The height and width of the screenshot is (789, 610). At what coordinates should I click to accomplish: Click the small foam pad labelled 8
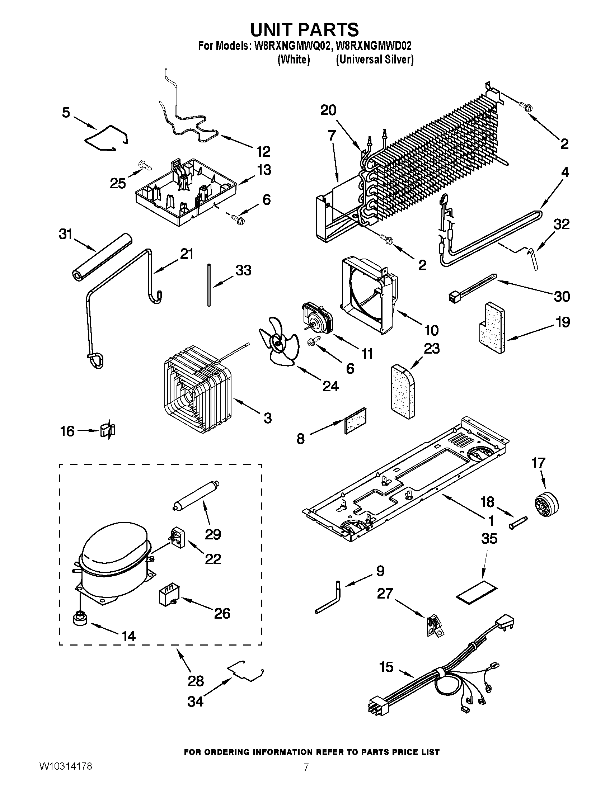point(356,421)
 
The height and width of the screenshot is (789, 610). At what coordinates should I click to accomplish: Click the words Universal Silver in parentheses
point(374,60)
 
